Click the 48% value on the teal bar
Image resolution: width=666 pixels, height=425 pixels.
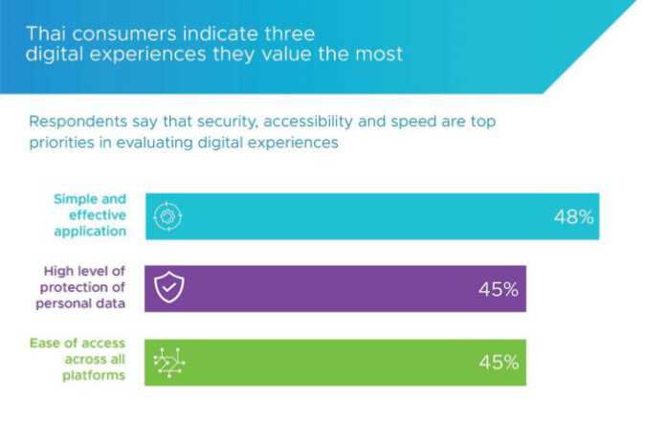coord(573,217)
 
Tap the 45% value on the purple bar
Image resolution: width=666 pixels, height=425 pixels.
coord(499,290)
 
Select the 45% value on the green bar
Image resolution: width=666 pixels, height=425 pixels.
coord(499,363)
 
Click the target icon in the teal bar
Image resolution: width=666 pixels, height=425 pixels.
coord(168,216)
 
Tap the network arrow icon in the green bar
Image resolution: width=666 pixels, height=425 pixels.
coord(168,362)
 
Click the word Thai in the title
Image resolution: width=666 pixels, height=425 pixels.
coord(44,33)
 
